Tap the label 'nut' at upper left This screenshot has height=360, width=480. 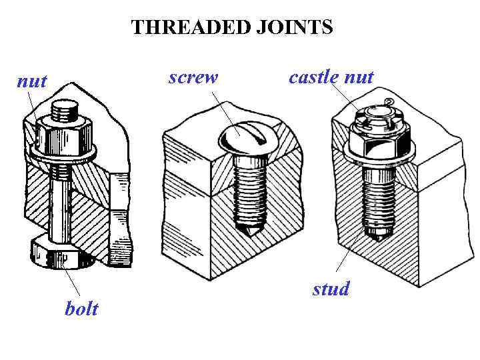(x=31, y=81)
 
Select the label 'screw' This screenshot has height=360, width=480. (x=193, y=77)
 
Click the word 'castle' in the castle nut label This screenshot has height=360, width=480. (x=313, y=77)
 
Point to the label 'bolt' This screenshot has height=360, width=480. (x=81, y=309)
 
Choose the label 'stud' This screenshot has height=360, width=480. (x=331, y=289)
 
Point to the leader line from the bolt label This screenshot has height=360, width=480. (x=73, y=283)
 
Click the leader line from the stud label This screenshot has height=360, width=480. (x=350, y=257)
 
